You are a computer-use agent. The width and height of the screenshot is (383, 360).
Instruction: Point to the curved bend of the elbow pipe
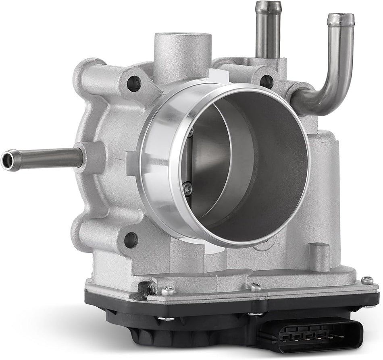pos(318,101)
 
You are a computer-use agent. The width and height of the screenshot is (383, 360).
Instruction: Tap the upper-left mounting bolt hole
pos(134,84)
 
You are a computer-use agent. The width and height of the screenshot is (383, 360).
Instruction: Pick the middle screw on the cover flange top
pos(256,287)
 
